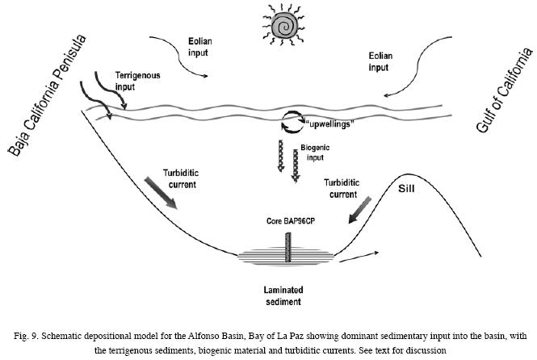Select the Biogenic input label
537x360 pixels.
pyautogui.click(x=315, y=153)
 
